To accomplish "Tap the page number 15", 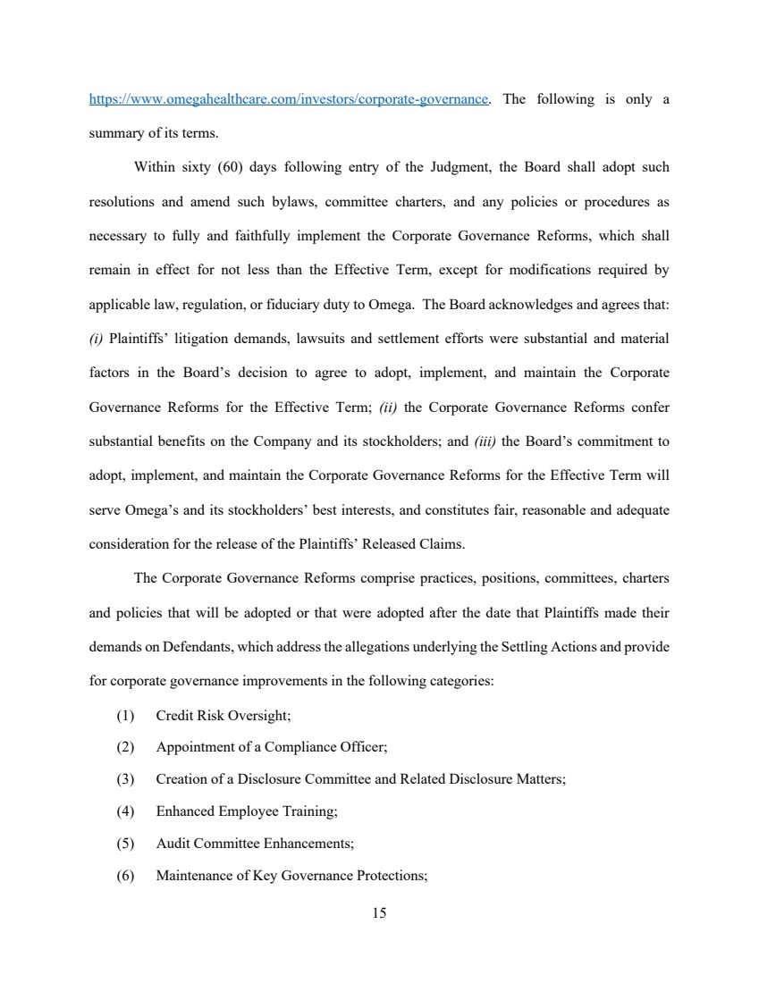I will click(x=379, y=912).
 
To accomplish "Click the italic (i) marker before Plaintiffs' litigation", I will click(x=97, y=339).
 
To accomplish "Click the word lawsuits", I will click(x=333, y=339).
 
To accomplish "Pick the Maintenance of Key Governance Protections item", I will click(x=291, y=875).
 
